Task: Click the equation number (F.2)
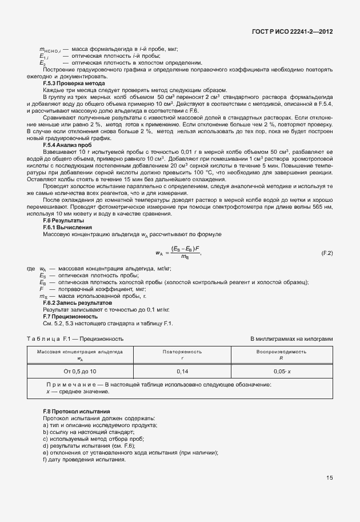click(x=327, y=252)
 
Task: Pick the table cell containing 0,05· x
click(x=282, y=371)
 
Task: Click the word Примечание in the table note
click(x=69, y=385)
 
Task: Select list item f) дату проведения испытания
click(x=84, y=460)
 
